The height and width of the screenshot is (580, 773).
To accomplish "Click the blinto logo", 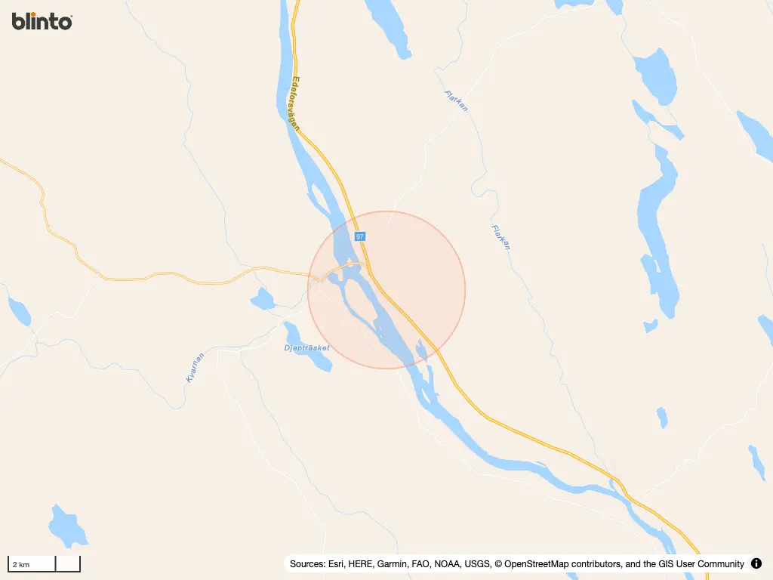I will coord(42,21).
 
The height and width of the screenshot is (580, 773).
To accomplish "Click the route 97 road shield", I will coord(360,236).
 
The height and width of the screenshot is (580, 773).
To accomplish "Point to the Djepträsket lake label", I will coord(306,348).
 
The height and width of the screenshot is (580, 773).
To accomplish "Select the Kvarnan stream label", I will coord(195,368).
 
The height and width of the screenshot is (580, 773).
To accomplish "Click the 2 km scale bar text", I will coord(20,565).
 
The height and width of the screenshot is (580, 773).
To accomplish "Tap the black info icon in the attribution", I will coord(756,563).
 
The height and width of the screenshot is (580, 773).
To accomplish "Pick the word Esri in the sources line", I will coord(337,564).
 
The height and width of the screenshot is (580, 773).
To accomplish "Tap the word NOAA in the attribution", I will coord(446,564).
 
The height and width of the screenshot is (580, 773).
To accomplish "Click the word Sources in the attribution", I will coord(307,564).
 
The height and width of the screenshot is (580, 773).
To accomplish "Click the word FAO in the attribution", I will coord(422,564).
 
